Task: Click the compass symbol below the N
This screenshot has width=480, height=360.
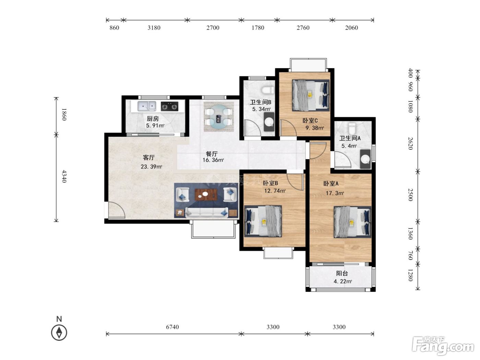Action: tap(59, 333)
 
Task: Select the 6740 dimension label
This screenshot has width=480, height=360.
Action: tap(172, 327)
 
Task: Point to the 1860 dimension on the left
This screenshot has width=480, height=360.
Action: tap(64, 114)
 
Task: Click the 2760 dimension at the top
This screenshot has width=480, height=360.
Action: tap(303, 28)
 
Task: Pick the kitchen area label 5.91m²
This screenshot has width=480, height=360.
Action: tap(155, 125)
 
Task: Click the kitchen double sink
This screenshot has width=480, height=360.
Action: tap(146, 106)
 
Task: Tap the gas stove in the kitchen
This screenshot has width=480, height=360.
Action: tap(169, 106)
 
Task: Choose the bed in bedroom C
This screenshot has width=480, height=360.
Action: tap(311, 95)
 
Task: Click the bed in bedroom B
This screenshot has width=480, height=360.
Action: tap(263, 221)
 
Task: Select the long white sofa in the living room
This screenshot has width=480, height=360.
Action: tap(207, 213)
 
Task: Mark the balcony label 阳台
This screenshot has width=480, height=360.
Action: tap(342, 273)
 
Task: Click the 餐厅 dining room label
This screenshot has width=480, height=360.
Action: tap(212, 154)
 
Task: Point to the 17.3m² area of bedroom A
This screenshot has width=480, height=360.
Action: tap(335, 193)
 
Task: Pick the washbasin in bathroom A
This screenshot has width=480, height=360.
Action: tap(365, 159)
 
